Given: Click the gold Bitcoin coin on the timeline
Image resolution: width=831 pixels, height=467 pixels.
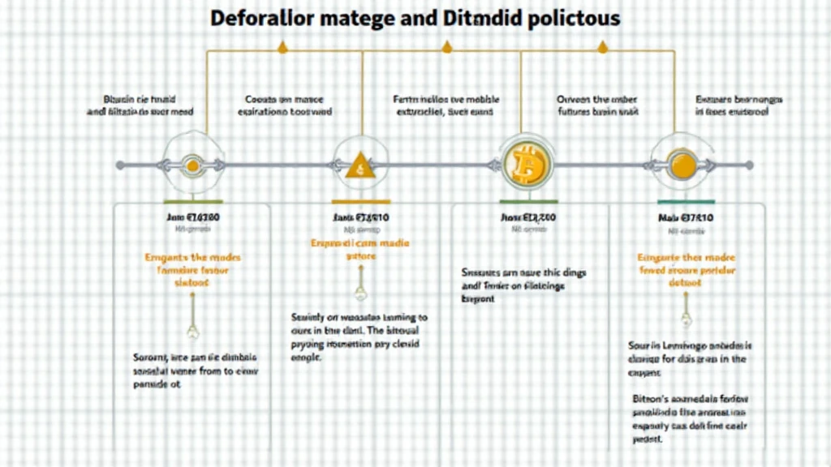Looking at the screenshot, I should (527, 165).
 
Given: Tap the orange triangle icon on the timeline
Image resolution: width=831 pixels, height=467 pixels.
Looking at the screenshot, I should (360, 166).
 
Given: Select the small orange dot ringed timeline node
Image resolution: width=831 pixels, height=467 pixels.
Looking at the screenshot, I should (192, 165).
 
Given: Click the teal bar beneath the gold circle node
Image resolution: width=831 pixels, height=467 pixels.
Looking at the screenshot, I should (686, 201).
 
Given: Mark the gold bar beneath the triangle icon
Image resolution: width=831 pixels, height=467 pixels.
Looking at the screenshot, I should (361, 201).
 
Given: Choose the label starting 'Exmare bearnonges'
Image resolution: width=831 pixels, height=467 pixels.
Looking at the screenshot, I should (738, 106).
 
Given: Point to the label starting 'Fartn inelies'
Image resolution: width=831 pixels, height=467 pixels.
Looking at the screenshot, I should (446, 106).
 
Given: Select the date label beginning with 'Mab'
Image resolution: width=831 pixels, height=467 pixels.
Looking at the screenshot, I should (686, 217).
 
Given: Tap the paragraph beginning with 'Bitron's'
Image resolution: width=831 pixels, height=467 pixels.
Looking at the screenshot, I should (688, 418).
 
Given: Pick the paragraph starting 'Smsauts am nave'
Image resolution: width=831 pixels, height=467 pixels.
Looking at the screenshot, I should (523, 285).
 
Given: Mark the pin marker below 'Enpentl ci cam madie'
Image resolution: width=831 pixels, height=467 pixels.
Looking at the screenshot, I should (360, 292).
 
